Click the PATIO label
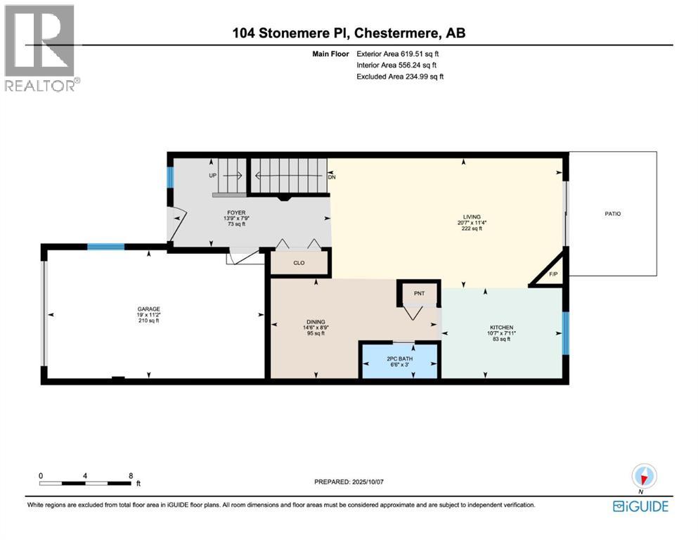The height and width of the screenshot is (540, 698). tap(612, 214)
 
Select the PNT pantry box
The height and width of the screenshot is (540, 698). tap(418, 292)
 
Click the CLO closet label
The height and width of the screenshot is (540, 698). tap(300, 264)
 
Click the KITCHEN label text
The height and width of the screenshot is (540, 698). tap(501, 328)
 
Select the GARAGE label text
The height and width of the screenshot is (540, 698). tap(148, 309)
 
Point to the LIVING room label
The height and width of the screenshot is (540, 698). tap(463, 217)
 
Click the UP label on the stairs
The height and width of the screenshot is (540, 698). tap(212, 176)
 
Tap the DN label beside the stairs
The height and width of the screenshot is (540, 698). tap(332, 177)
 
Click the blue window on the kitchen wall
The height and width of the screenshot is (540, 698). tap(564, 331)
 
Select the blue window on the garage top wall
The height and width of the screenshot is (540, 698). tap(105, 247)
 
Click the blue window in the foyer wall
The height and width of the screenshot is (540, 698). tap(170, 177)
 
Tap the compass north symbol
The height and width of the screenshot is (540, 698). tap(644, 476)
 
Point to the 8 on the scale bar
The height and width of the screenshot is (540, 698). tap(131, 475)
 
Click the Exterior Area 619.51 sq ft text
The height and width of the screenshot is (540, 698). tap(401, 53)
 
